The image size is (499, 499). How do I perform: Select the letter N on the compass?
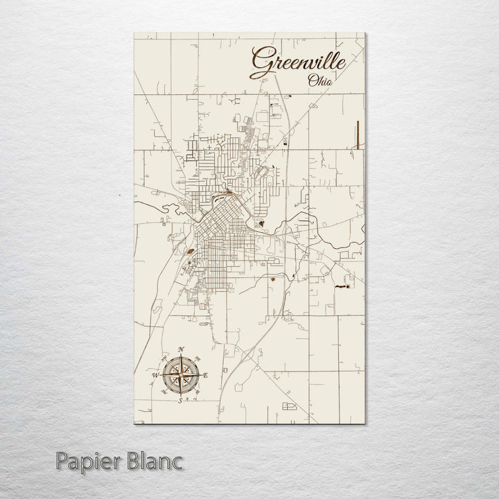pyautogui.click(x=181, y=349)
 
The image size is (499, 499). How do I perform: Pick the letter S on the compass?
pyautogui.click(x=180, y=401)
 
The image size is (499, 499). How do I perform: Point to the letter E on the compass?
pyautogui.click(x=207, y=376)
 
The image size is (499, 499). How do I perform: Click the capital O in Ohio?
pyautogui.click(x=312, y=80)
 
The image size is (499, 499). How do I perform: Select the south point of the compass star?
pyautogui.click(x=180, y=394)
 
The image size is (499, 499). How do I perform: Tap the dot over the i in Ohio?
pyautogui.click(x=325, y=76)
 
